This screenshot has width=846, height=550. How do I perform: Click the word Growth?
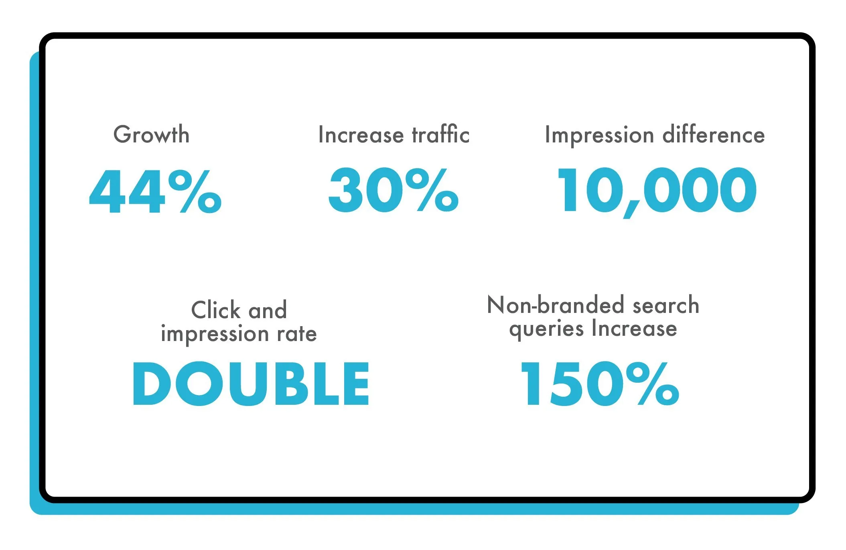coord(151,134)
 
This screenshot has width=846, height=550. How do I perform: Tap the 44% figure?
coord(155,191)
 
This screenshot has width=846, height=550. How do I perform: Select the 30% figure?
coord(393,190)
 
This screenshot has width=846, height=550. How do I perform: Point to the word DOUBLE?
coord(251,384)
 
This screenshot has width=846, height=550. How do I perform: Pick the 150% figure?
coord(599,384)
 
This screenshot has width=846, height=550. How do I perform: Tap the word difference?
coord(714,135)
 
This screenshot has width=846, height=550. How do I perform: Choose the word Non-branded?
coord(555,305)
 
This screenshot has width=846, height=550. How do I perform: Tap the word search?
coord(666,305)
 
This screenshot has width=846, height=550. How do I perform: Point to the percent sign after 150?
coord(653,384)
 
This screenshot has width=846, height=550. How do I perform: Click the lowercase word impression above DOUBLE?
coord(215,334)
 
